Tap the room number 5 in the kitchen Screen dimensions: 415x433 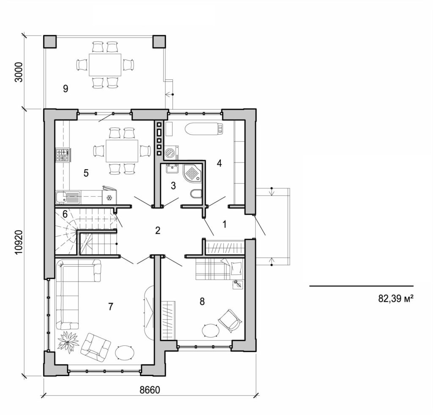86,173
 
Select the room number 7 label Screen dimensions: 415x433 110,307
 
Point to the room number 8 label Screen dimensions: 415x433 202,301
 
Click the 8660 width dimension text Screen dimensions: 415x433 150,390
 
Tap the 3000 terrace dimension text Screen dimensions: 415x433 18,73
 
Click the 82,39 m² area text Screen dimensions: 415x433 395,299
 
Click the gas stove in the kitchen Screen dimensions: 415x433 63,155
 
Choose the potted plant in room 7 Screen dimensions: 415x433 67,342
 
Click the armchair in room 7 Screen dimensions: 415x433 96,347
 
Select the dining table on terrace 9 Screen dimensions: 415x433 104,65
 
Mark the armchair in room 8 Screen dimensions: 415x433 230,320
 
